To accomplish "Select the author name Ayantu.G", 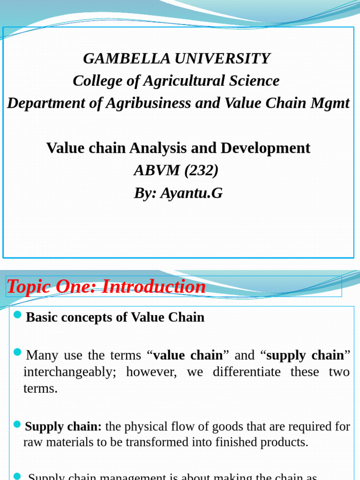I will [x=191, y=193].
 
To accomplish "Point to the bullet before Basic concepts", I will [x=18, y=314].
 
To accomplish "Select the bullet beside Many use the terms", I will [x=18, y=352].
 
